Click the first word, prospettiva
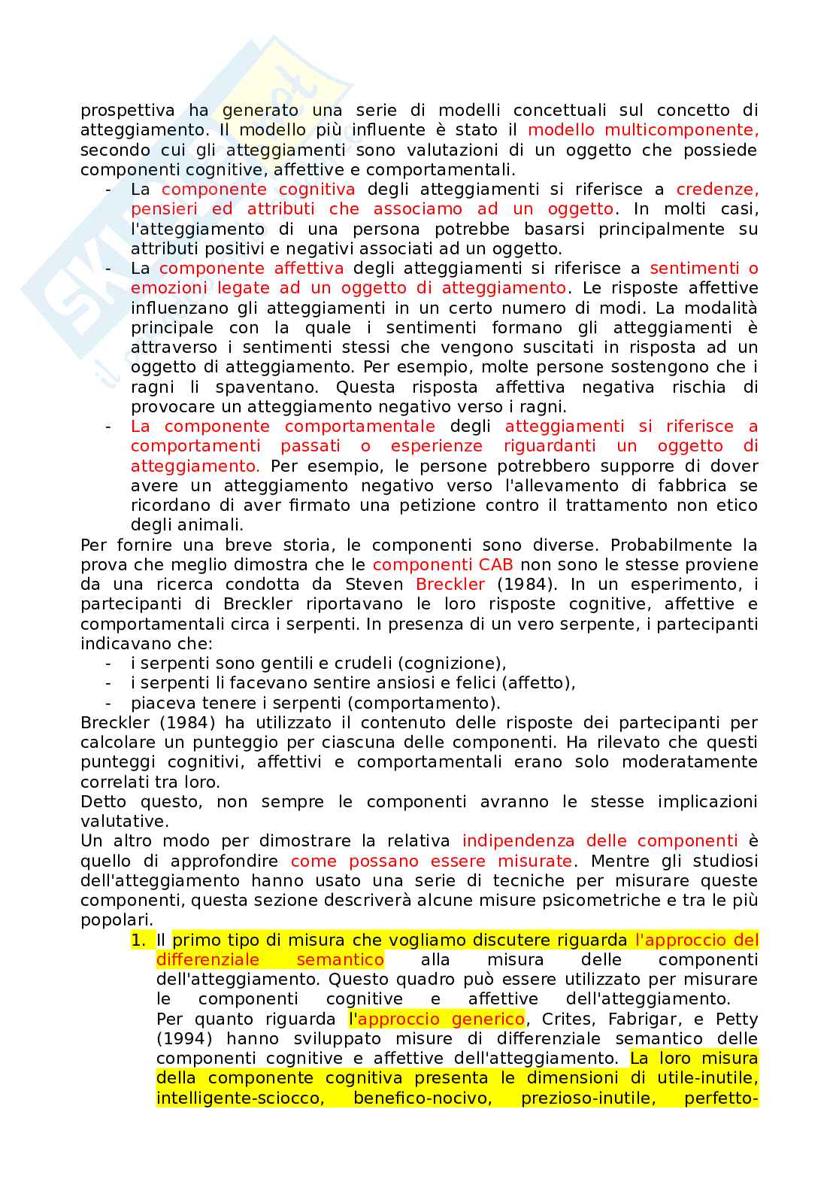(x=128, y=111)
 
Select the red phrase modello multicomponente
(x=643, y=130)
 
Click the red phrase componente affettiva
(x=251, y=269)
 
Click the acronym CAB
(x=495, y=565)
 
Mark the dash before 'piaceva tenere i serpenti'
(x=109, y=703)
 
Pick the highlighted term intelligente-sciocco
(x=240, y=1098)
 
